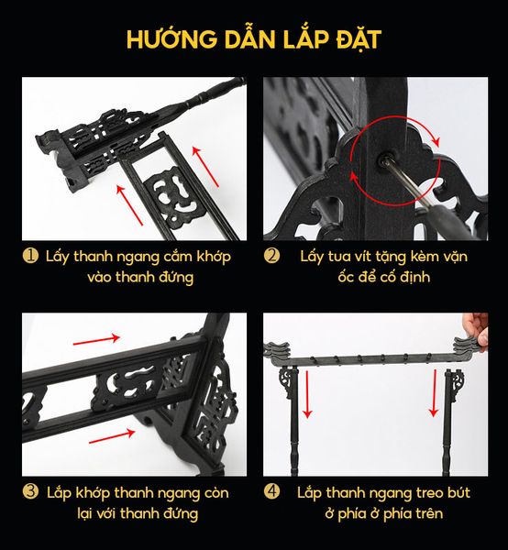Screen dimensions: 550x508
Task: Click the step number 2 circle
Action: pos(272,256)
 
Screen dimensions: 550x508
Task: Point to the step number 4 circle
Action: pos(272,492)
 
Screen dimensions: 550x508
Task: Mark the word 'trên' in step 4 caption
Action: pos(426,513)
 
